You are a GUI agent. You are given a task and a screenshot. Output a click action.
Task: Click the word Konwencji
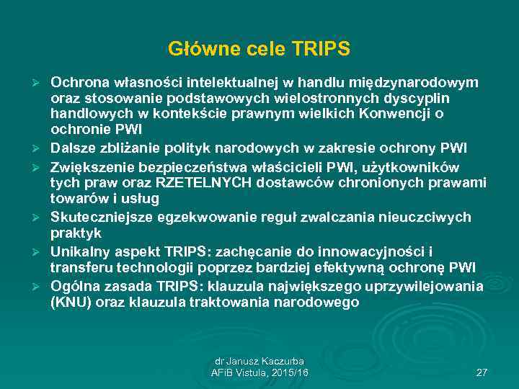tap(396, 114)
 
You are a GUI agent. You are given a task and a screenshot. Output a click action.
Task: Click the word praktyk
tap(76, 233)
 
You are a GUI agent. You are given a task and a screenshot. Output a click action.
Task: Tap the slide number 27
tap(482, 372)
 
